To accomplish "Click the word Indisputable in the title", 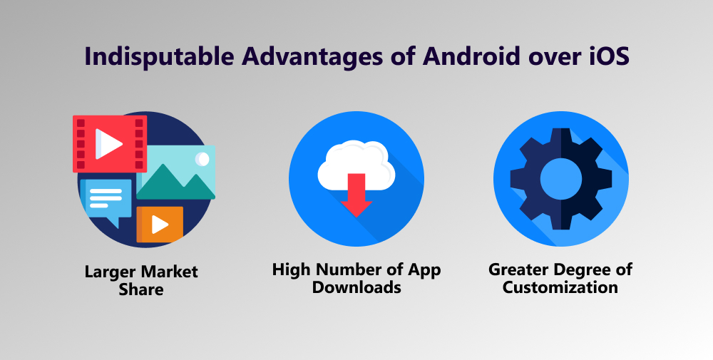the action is click(159, 56).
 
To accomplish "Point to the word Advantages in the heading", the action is click(313, 57).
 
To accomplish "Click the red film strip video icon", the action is click(110, 143).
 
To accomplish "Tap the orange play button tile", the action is click(160, 224).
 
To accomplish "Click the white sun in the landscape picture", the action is click(202, 159).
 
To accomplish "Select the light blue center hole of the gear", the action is click(560, 179).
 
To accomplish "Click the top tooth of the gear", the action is click(560, 138).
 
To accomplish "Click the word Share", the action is click(141, 289).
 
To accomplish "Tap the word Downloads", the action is click(356, 287).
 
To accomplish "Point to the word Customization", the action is click(560, 287).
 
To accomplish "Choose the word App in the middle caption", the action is click(424, 271).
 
